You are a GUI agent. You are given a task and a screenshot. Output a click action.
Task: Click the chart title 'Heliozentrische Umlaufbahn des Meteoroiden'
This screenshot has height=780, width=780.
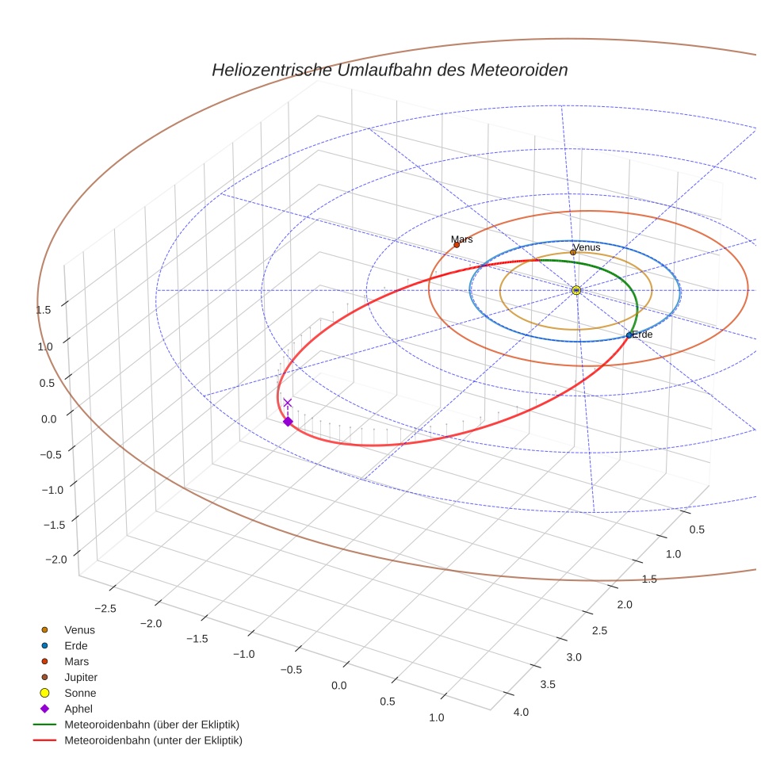coord(389,70)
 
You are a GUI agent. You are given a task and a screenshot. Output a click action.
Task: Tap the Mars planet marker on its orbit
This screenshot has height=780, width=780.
coord(457,244)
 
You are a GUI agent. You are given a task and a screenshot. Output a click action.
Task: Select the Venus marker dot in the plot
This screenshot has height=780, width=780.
coord(573,253)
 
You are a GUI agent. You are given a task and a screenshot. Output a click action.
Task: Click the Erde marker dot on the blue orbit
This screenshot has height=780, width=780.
coord(629,335)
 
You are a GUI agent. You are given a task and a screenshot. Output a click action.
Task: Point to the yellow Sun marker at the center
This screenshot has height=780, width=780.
coord(576,290)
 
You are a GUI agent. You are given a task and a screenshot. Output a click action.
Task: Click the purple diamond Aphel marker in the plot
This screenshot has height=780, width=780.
coord(288,422)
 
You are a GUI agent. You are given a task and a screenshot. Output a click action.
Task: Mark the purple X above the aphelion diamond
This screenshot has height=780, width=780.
coord(288,403)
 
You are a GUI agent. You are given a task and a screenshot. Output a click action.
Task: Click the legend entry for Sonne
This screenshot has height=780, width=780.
coord(80,693)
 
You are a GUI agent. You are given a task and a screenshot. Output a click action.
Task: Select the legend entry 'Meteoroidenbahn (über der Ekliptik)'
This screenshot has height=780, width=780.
coord(151,725)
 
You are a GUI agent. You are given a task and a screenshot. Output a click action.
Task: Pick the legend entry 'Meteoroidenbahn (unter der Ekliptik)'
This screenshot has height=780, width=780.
coord(153,740)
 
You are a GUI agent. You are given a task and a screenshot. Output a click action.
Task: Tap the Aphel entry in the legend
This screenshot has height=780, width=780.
coord(78,709)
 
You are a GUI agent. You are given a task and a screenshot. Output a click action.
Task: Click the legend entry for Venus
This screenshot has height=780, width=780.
coord(79,629)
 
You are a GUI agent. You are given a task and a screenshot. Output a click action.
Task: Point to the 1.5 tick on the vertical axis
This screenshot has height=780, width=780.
coord(44,310)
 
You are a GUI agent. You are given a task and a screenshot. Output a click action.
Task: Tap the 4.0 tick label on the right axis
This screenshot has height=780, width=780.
coord(521,712)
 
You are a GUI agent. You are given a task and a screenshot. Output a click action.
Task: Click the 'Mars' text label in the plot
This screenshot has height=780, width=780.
coord(462,239)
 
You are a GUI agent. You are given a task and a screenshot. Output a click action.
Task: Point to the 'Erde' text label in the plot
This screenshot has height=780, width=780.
coord(643,335)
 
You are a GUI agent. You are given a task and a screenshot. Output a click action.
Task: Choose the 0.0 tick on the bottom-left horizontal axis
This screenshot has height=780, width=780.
coord(339,685)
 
